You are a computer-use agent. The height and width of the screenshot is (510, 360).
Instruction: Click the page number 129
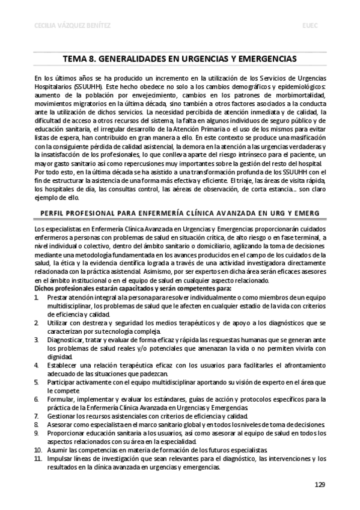[x=320, y=485]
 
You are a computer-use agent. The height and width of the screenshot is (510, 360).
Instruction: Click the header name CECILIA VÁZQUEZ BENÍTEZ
[x=57, y=26]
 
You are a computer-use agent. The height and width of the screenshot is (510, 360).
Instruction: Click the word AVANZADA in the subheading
[x=231, y=212]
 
